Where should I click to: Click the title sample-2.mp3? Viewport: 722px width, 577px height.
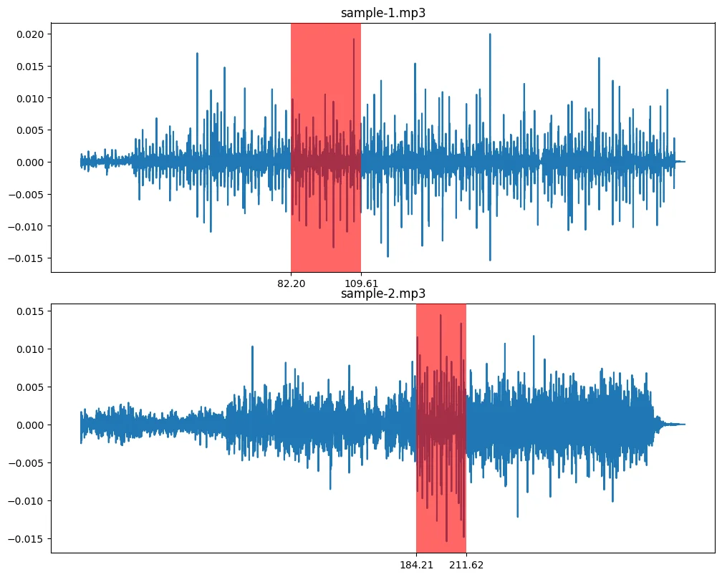point(383,294)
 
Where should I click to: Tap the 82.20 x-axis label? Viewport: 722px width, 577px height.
point(292,283)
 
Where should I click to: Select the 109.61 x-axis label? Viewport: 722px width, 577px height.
point(361,283)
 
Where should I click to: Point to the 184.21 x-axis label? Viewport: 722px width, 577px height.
point(416,565)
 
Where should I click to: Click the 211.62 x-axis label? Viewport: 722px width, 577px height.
point(466,565)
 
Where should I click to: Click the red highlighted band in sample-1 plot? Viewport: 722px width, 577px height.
point(326,215)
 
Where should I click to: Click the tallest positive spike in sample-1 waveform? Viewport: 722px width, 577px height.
point(490,34)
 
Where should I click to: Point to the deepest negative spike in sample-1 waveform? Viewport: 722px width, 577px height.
point(490,260)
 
